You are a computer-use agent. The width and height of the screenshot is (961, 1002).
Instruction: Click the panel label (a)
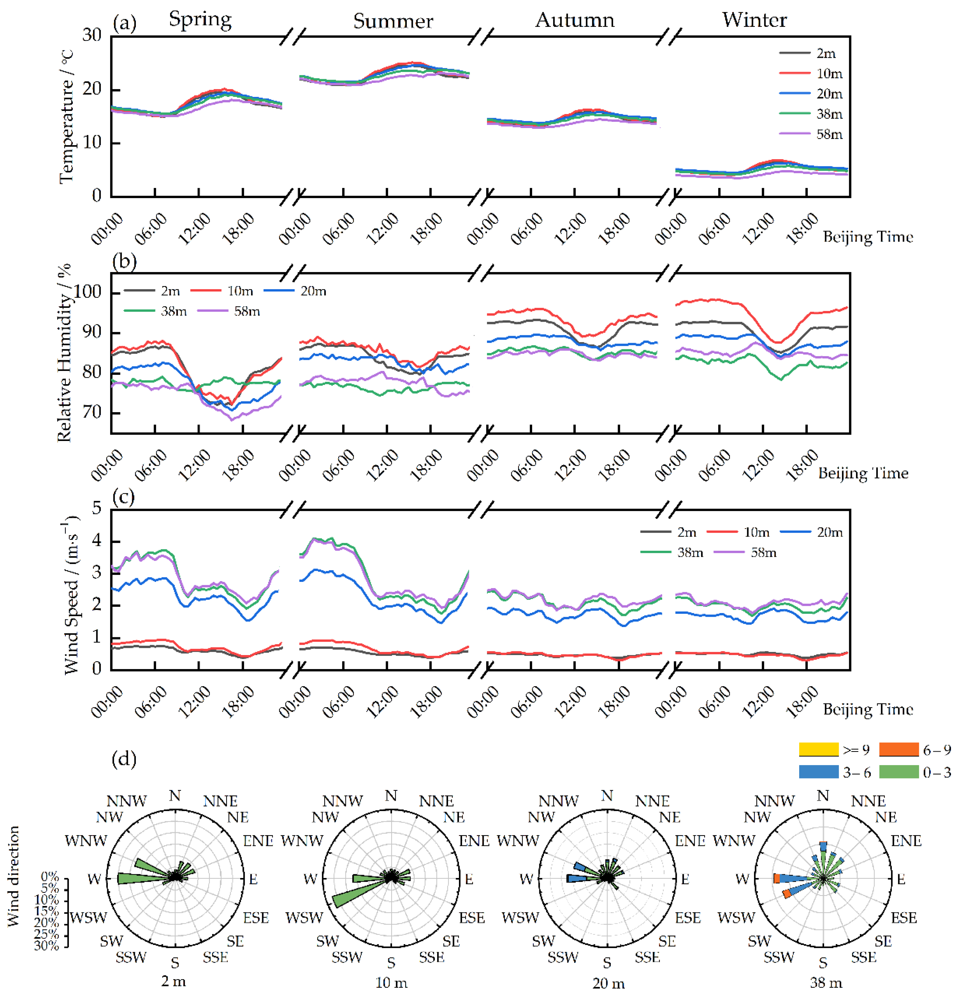[x=124, y=23]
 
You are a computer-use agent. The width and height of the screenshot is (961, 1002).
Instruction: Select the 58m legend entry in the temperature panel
[x=829, y=134]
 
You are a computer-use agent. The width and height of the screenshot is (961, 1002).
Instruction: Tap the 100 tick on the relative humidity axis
[x=88, y=292]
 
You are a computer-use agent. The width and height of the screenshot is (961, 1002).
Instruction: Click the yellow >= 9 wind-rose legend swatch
[x=818, y=749]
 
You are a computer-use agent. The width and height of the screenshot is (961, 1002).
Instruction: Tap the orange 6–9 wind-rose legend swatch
[x=899, y=749]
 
